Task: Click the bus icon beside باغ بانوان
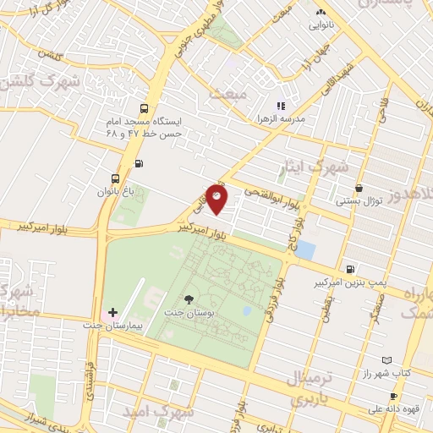point(115,179)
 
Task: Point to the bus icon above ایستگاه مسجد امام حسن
point(144,108)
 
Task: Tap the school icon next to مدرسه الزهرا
point(281,107)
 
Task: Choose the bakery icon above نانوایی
point(321,13)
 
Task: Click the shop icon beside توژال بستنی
point(360,188)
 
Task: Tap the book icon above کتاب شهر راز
point(387,360)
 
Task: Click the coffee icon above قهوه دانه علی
point(393,396)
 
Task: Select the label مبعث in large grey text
point(230,92)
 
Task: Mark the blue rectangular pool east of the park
point(305,251)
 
